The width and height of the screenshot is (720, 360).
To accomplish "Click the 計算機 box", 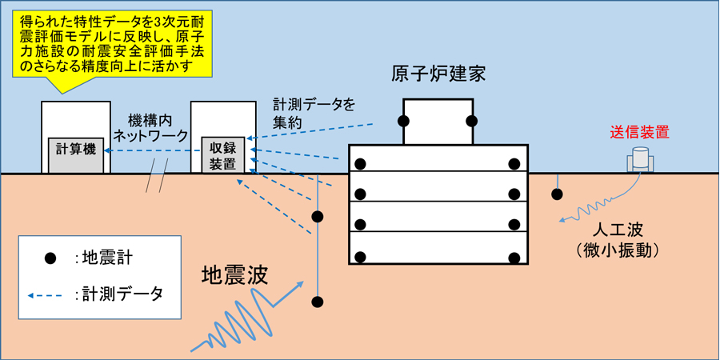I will pos(76,150).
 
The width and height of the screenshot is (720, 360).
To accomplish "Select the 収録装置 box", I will pos(222,155).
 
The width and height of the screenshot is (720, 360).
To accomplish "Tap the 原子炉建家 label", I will pos(438,74).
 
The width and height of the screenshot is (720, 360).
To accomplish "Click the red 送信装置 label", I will pos(639,133).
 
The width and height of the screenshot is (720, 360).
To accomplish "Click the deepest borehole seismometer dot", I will pos(318,302).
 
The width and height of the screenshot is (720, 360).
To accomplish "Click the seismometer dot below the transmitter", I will pos(557,194).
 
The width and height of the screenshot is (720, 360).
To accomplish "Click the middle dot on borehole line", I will pos(318,217).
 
